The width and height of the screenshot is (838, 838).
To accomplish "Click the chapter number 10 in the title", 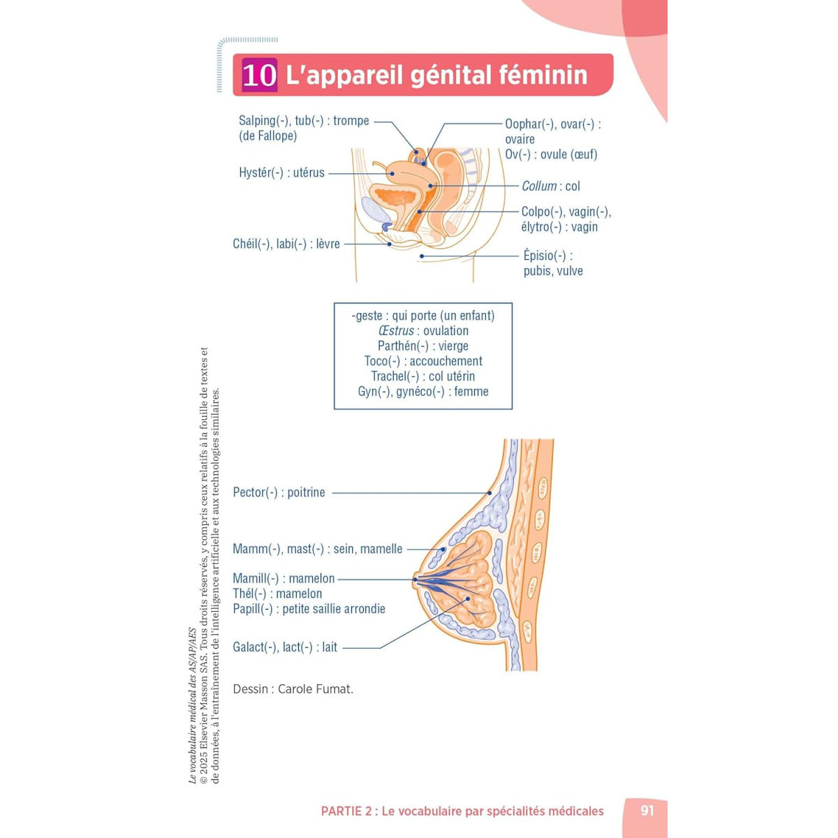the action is pyautogui.click(x=260, y=75).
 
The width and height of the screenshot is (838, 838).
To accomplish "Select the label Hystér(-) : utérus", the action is pyautogui.click(x=281, y=172).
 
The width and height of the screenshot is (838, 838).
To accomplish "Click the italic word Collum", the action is pyautogui.click(x=539, y=186).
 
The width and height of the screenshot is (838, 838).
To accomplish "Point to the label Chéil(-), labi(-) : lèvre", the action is pyautogui.click(x=286, y=244).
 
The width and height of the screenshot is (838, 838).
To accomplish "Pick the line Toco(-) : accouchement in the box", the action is pyautogui.click(x=423, y=361).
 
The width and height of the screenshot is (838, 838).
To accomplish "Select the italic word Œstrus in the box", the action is pyautogui.click(x=396, y=330).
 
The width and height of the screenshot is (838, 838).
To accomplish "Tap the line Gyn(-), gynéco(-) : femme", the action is pyautogui.click(x=423, y=391).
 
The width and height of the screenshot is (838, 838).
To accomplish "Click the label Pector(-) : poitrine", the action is pyautogui.click(x=279, y=492).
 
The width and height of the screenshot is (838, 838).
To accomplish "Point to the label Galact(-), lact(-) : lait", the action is pyautogui.click(x=285, y=647).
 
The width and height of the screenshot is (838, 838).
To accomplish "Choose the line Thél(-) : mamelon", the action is pyautogui.click(x=277, y=594).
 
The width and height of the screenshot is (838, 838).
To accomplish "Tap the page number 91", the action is pyautogui.click(x=647, y=811).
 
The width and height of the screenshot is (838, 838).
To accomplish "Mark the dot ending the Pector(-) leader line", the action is pyautogui.click(x=490, y=493).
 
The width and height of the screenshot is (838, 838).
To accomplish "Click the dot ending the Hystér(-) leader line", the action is pyautogui.click(x=392, y=173).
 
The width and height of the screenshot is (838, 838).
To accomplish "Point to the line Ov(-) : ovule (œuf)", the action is pyautogui.click(x=551, y=154).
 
